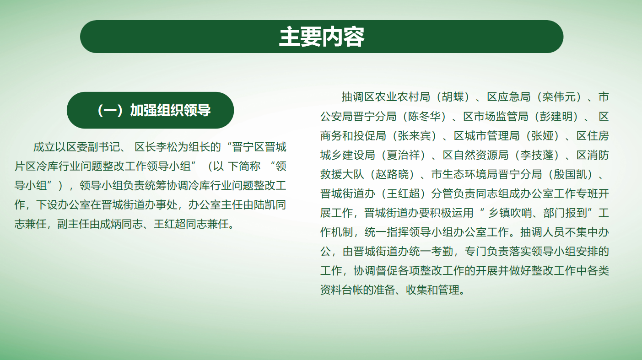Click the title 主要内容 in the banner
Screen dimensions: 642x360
pos(322,37)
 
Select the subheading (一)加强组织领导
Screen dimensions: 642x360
pos(154,110)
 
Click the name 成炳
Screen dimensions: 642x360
pos(111,224)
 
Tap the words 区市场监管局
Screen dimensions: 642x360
pos(496,117)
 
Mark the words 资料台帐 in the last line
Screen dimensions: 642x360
pos(342,290)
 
